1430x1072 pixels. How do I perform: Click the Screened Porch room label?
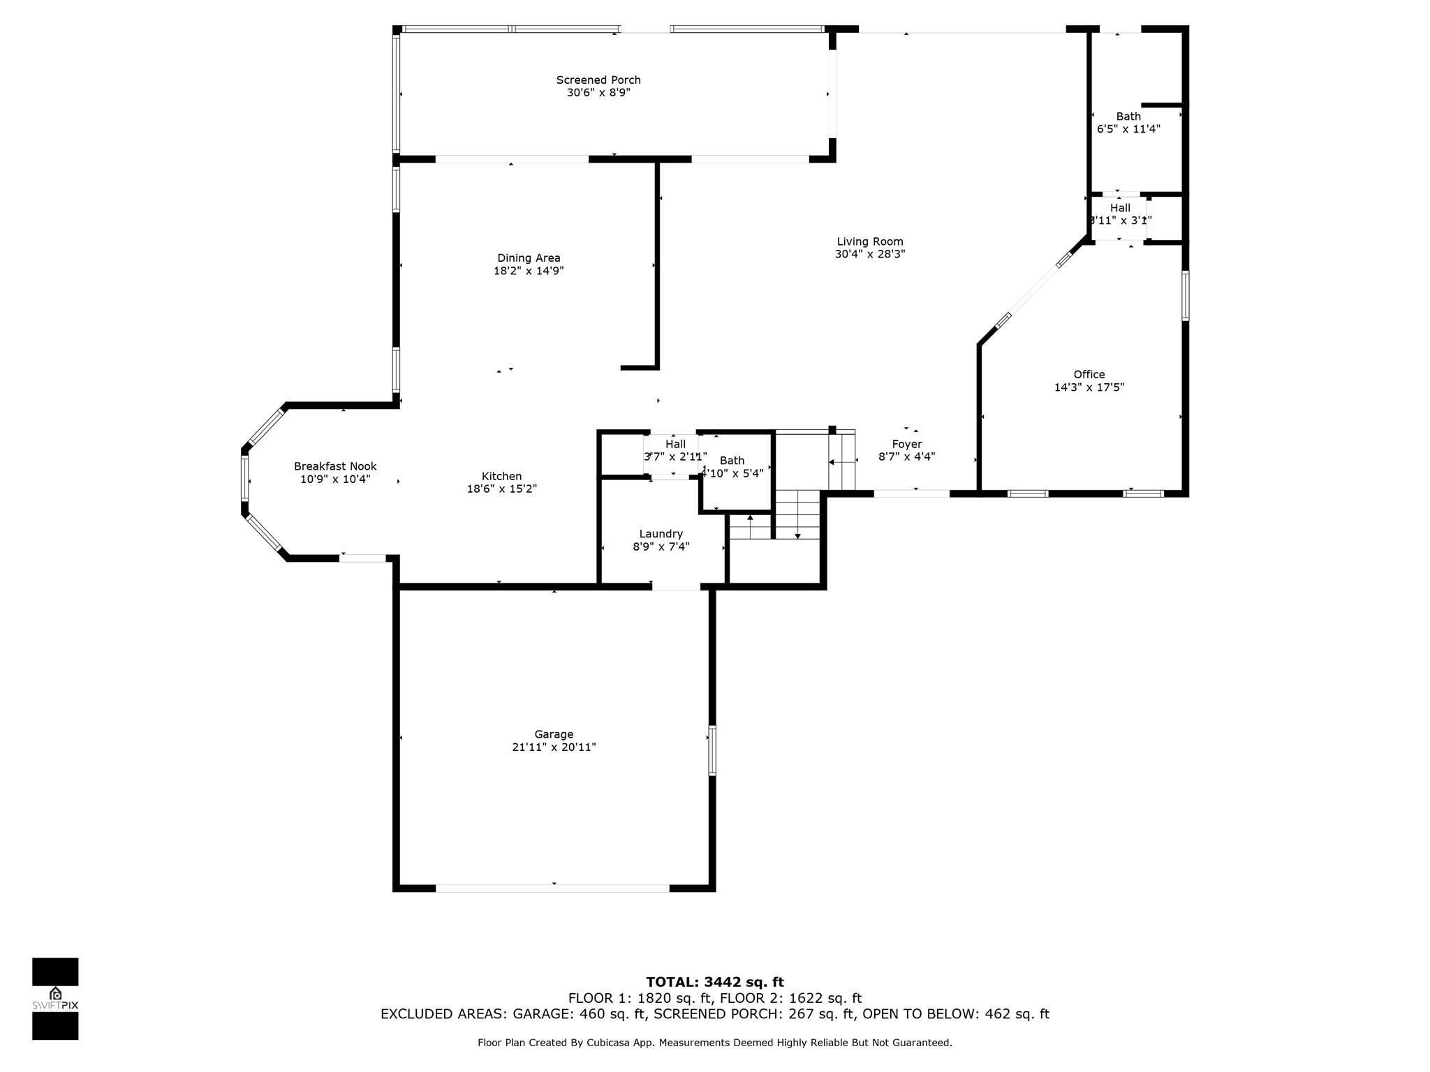[x=598, y=80]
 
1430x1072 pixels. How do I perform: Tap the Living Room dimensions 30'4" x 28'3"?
[x=870, y=255]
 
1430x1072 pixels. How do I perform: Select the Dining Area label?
[x=529, y=258]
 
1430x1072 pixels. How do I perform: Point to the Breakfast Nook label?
[x=335, y=466]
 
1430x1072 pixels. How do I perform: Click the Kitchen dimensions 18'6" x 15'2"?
[x=502, y=489]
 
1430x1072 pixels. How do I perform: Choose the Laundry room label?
[x=661, y=534]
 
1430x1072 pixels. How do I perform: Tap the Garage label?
[x=554, y=734]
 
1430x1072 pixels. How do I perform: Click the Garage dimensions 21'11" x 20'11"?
[x=554, y=747]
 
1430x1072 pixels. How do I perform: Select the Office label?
[x=1089, y=375]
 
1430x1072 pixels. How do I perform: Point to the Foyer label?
[x=907, y=445]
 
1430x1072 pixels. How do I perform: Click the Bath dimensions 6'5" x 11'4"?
[x=1128, y=129]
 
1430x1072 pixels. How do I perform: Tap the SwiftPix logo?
[x=55, y=999]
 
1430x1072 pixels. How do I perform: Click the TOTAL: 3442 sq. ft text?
[x=715, y=983]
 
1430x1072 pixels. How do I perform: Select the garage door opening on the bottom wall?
[x=553, y=888]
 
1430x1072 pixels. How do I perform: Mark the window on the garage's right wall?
[x=712, y=750]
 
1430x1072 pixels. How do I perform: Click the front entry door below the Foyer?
[x=912, y=493]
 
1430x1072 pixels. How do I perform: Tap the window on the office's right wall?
[x=1186, y=295]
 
